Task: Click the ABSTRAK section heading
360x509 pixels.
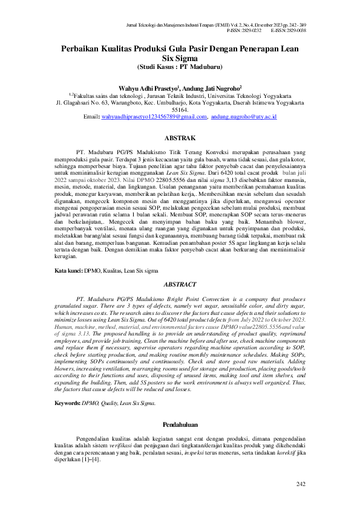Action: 180,138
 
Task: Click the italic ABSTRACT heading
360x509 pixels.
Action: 180,284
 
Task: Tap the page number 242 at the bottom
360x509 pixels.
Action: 301,484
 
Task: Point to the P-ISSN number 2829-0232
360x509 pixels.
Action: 249,30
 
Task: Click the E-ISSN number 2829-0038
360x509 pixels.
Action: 295,30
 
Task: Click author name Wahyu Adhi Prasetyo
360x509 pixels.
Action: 152,88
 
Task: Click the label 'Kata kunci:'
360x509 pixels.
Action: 52,254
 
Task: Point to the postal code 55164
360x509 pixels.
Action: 180,110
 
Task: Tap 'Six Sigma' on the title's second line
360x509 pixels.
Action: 180,58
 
